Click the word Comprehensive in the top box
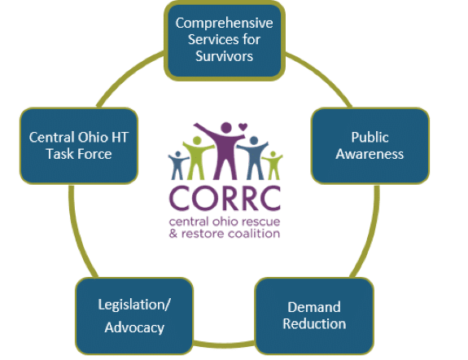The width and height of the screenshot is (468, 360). pyautogui.click(x=224, y=24)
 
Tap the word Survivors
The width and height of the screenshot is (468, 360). pyautogui.click(x=224, y=56)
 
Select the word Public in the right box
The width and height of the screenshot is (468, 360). pyautogui.click(x=370, y=138)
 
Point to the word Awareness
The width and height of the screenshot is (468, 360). pyautogui.click(x=370, y=154)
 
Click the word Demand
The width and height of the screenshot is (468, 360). pyautogui.click(x=314, y=307)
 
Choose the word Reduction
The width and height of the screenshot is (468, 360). pyautogui.click(x=314, y=323)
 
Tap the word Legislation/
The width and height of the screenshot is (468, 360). pyautogui.click(x=134, y=305)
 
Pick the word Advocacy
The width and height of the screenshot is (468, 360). pyautogui.click(x=134, y=327)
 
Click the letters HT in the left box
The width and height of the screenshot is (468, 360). pyautogui.click(x=120, y=138)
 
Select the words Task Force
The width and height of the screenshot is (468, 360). pyautogui.click(x=79, y=154)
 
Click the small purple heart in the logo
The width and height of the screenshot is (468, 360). pyautogui.click(x=243, y=127)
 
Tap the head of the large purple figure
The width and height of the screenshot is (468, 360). pyautogui.click(x=226, y=128)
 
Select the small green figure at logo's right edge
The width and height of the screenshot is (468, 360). pyautogui.click(x=273, y=165)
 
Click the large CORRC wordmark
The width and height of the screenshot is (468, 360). pyautogui.click(x=225, y=198)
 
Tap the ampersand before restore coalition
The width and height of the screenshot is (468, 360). pyautogui.click(x=173, y=233)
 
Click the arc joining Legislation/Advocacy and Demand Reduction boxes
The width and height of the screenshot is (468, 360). pyautogui.click(x=224, y=344)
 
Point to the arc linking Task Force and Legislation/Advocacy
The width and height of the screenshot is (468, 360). pyautogui.click(x=78, y=232)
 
